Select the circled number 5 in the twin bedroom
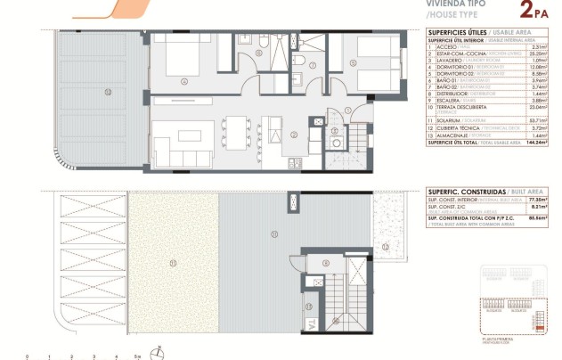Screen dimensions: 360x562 click(x=354, y=62)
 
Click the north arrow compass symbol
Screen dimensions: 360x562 click(x=157, y=350)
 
